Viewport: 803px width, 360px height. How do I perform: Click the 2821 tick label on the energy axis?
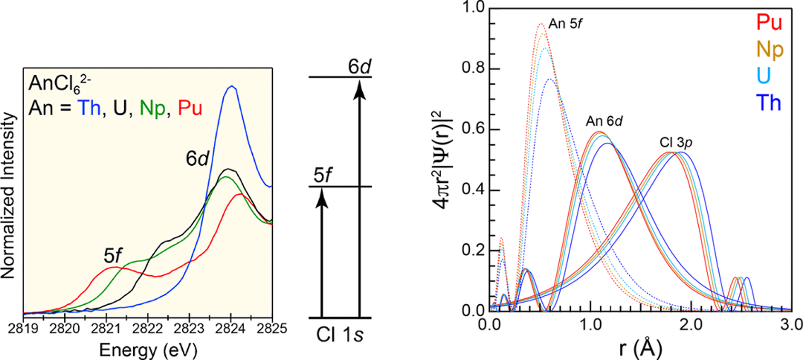tap(106, 329)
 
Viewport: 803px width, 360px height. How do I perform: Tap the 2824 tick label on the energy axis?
tap(231, 329)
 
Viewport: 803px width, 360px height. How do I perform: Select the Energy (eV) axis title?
tap(148, 350)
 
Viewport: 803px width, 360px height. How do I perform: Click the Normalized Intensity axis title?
tap(9, 195)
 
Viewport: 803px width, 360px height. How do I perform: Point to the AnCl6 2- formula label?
tap(59, 84)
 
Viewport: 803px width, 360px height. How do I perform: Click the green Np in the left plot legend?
tap(152, 108)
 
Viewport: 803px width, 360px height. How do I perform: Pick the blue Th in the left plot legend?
tap(89, 108)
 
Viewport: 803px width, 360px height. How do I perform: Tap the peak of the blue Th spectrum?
tap(231, 86)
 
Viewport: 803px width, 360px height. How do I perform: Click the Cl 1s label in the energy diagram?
tap(339, 335)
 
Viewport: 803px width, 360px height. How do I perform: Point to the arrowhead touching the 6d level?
tap(360, 89)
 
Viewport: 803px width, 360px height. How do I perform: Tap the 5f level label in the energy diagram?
tap(322, 176)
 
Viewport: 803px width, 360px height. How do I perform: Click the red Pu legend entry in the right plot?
tap(769, 22)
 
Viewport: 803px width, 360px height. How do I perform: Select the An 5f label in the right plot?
tap(565, 24)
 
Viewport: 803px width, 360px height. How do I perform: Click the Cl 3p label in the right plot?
tap(676, 142)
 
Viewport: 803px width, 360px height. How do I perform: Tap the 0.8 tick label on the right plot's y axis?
tap(473, 68)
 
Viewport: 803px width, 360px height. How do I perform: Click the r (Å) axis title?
tap(641, 348)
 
